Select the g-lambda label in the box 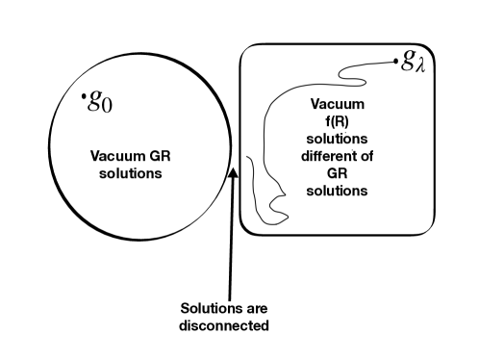point(412,64)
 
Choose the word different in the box point(323,156)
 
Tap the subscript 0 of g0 point(109,105)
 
